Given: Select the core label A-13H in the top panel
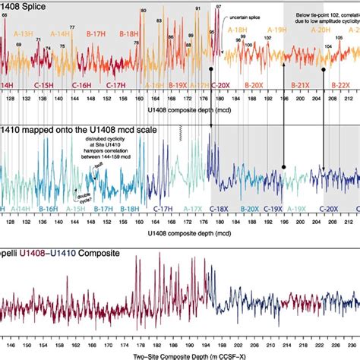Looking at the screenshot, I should (x=24, y=33).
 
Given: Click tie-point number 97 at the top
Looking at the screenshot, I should (x=219, y=6).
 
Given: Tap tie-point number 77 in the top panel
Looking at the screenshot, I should (x=72, y=27).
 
